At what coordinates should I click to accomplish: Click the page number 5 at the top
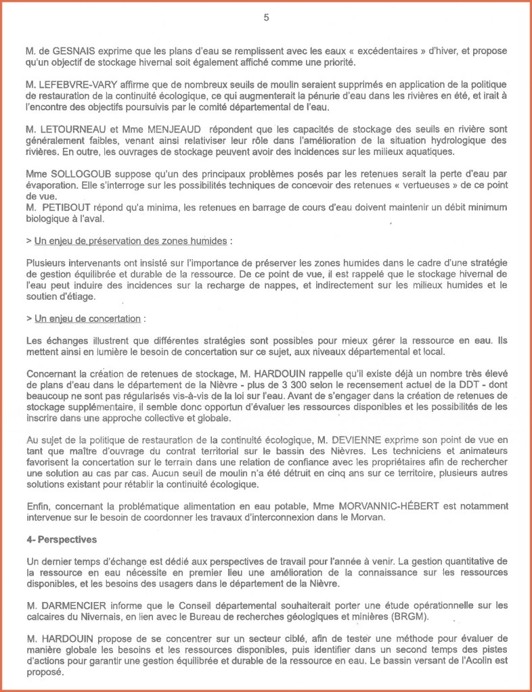point(266,18)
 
